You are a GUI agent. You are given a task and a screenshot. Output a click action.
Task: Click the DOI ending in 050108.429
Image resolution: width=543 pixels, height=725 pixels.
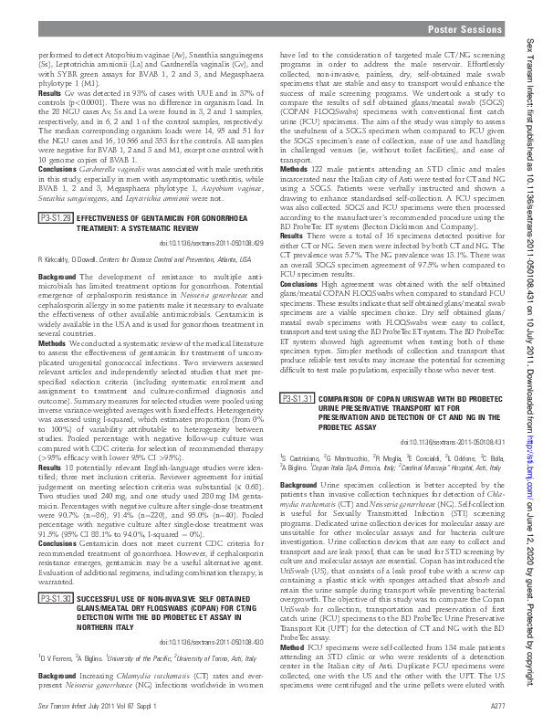(216, 244)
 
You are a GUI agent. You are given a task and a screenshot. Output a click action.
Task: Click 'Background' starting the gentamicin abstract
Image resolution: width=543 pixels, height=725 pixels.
(57, 276)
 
